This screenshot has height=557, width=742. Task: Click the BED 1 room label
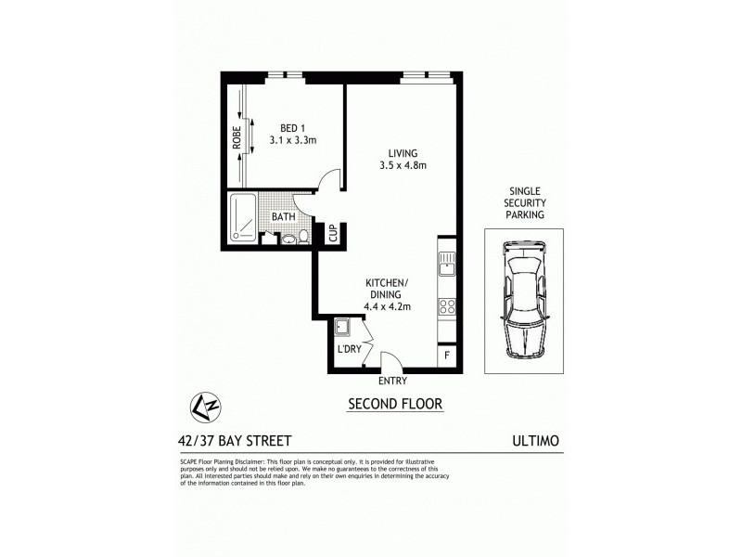[x=293, y=128]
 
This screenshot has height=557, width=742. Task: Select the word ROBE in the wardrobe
[x=237, y=138]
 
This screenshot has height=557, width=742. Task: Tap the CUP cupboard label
[x=332, y=232]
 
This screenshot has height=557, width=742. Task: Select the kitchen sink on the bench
[x=446, y=264]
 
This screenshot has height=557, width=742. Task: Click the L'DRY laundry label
[x=350, y=349]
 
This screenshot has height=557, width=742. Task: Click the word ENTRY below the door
[x=393, y=381]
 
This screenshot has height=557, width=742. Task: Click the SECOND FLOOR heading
[x=394, y=405]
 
